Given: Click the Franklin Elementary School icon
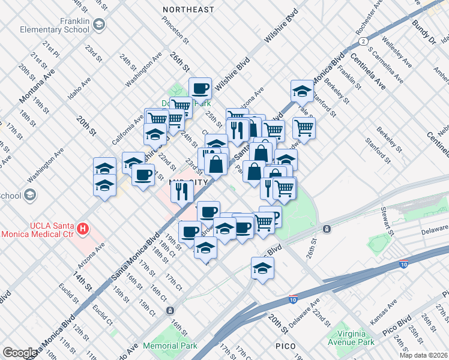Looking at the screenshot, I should (99, 24).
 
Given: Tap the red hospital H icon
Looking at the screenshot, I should (83, 229).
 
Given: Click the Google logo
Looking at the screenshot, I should (20, 353).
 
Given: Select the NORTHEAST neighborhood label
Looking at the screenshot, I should (188, 10).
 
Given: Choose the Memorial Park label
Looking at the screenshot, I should (173, 346).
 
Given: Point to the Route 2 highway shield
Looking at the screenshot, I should (363, 41).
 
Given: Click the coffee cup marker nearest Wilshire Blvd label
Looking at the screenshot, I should (200, 89).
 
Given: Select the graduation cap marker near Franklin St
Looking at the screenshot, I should (302, 91).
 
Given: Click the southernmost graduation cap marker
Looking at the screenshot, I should (262, 269).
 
